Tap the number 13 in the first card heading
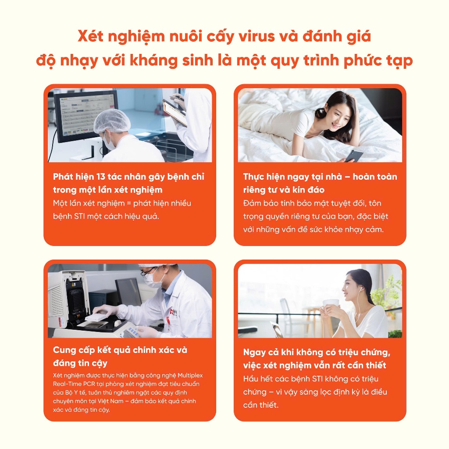(101, 177)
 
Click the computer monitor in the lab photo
(86, 115)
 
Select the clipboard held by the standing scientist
(175, 112)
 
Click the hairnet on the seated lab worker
(112, 122)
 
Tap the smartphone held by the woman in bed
(354, 156)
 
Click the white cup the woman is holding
(331, 305)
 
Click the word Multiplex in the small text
(190, 375)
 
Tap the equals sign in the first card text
(128, 203)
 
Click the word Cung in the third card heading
(64, 350)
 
